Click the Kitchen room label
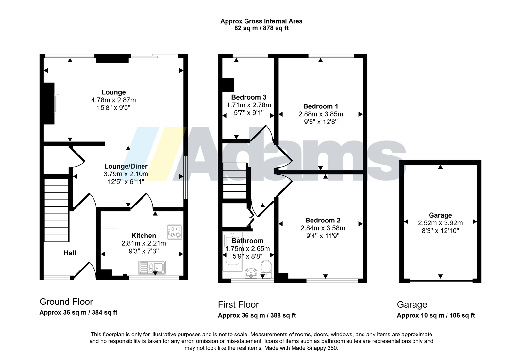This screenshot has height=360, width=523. tap(143, 236)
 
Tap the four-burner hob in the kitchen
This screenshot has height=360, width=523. tap(175, 232)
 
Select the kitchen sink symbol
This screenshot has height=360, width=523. tap(152, 267)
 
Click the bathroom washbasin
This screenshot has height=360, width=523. tap(251, 273)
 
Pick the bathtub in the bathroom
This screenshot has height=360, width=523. tap(233, 251)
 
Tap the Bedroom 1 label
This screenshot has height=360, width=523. tap(321, 106)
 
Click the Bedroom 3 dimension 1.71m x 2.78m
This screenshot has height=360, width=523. tap(249, 105)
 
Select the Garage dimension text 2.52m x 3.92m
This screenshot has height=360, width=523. tap(440, 223)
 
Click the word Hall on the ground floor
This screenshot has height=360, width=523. tap(70, 253)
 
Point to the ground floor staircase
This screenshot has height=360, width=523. tap(56, 210)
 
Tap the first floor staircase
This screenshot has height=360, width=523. tap(235, 181)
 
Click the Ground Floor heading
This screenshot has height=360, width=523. tap(66, 302)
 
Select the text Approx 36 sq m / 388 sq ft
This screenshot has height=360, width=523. tap(257, 316)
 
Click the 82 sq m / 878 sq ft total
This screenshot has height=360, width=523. tap(261, 28)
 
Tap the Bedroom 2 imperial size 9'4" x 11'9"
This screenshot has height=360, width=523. tap(323, 236)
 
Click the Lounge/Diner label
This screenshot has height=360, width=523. tap(126, 166)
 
